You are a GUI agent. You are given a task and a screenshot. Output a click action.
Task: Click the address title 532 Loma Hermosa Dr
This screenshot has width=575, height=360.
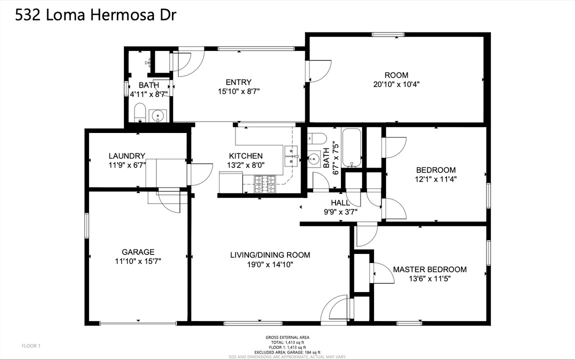pyautogui.click(x=95, y=15)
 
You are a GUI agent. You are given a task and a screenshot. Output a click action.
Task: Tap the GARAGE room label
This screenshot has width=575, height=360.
pyautogui.click(x=138, y=252)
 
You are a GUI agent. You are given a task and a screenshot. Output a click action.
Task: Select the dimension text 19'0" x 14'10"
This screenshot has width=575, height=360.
pyautogui.click(x=270, y=264)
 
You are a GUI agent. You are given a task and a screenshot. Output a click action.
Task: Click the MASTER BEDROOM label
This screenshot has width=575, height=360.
pyautogui.click(x=429, y=269)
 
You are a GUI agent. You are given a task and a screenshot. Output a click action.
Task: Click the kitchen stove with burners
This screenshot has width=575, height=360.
pyautogui.click(x=265, y=184)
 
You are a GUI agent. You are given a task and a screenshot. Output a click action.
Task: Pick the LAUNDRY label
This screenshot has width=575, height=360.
pyautogui.click(x=127, y=156)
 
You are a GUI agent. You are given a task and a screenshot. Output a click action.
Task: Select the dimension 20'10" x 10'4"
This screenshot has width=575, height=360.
pyautogui.click(x=396, y=84)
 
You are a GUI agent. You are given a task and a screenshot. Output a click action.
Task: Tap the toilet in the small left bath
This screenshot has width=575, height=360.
pyautogui.click(x=140, y=112)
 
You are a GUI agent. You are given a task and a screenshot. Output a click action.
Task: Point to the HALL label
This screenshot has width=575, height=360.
pyautogui.click(x=340, y=202)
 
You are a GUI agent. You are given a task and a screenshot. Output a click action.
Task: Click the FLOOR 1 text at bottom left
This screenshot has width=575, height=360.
pyautogui.click(x=31, y=345)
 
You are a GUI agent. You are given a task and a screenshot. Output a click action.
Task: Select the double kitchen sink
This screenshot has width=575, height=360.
pyautogui.click(x=290, y=155)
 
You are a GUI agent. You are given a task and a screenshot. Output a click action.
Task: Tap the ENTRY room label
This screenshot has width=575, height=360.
pyautogui.click(x=238, y=82)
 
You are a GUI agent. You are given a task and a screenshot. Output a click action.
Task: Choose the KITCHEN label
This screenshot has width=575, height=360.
pyautogui.click(x=245, y=156)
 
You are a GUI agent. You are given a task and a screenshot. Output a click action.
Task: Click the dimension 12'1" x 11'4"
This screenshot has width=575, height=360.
pyautogui.click(x=435, y=178)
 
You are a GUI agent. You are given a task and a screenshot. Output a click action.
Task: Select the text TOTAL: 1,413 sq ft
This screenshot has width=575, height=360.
pyautogui.click(x=287, y=342)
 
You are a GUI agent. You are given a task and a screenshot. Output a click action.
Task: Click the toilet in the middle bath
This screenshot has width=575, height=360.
pyautogui.click(x=317, y=137)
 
